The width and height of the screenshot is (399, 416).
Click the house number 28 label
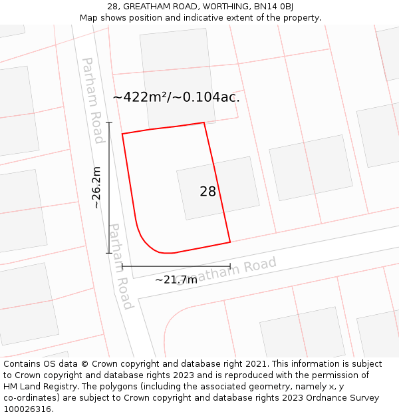[x=207, y=192]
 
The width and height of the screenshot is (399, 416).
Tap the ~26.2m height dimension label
[x=97, y=188]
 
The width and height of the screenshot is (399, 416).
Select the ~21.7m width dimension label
[x=176, y=280]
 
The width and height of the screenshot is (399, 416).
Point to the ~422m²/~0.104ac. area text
[x=176, y=97]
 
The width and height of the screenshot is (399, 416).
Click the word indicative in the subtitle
[x=181, y=17]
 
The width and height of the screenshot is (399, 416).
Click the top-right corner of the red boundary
[x=203, y=122]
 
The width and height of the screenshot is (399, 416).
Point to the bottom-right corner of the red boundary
[x=230, y=242]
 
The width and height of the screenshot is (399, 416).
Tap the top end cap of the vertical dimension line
[x=109, y=122]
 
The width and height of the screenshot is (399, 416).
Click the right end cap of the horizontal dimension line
[x=230, y=266]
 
